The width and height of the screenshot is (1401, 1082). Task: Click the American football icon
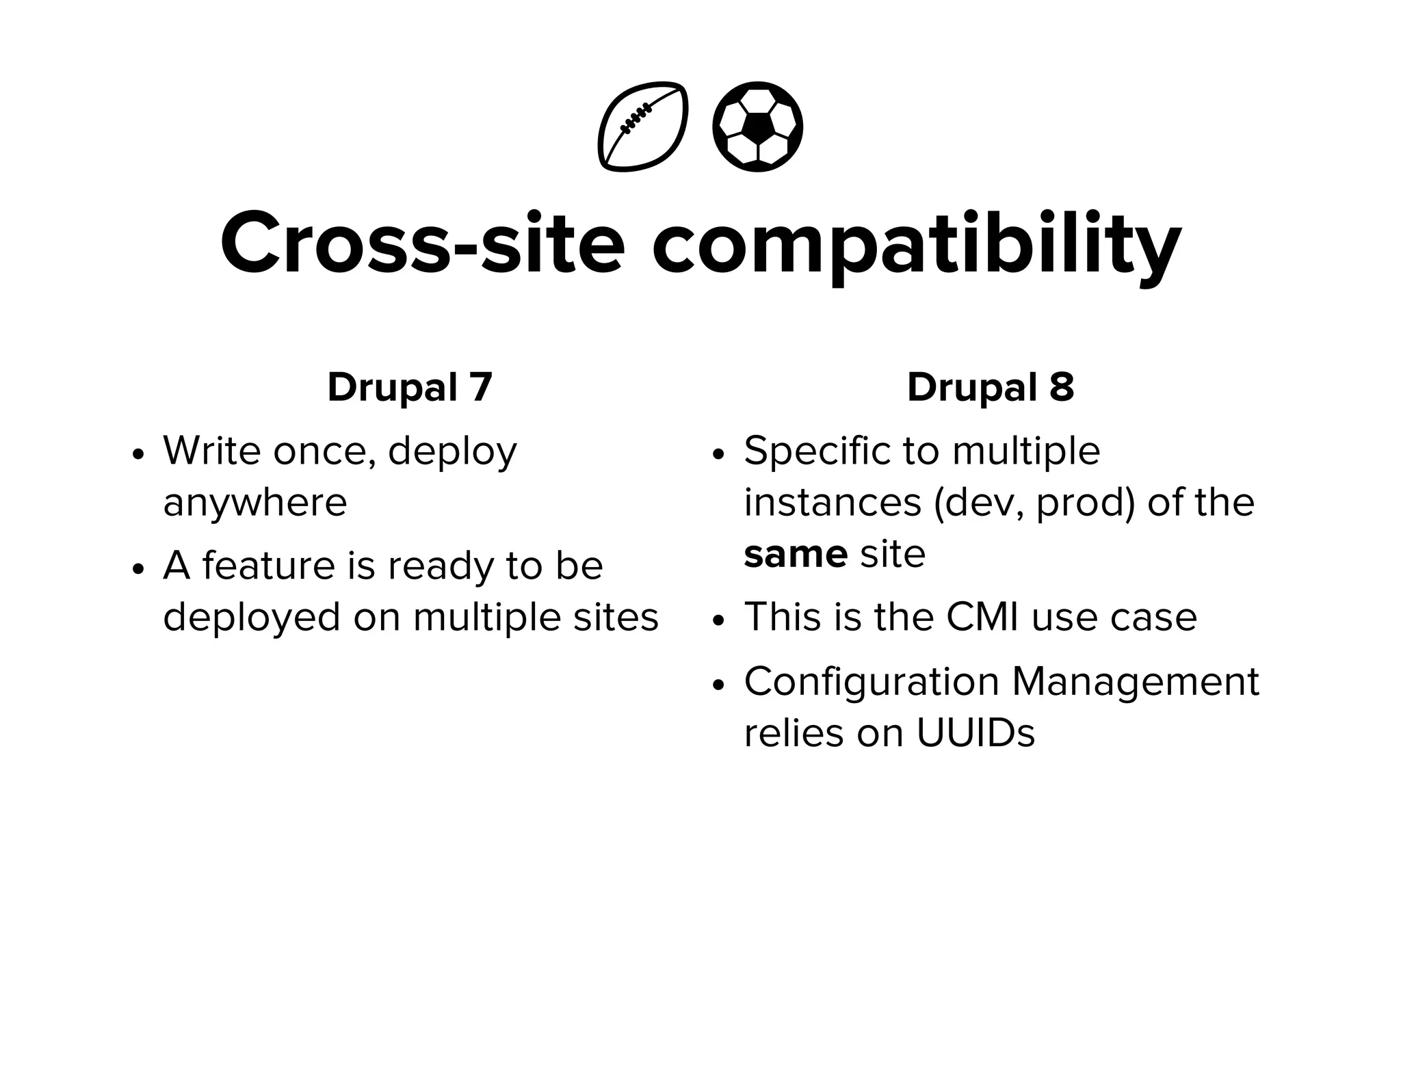click(643, 127)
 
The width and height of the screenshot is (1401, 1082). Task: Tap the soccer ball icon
click(757, 127)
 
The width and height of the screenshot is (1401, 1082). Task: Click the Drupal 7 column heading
click(410, 387)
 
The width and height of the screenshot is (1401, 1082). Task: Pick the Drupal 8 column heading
click(990, 387)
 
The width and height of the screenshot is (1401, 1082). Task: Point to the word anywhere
click(255, 503)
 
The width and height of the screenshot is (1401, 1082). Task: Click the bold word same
click(796, 554)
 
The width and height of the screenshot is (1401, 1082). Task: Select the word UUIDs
click(975, 733)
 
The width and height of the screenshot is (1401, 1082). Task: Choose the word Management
click(1135, 682)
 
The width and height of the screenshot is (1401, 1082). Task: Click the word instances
click(833, 503)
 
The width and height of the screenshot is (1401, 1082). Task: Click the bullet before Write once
click(139, 455)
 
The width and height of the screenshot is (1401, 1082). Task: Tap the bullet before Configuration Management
click(718, 685)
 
